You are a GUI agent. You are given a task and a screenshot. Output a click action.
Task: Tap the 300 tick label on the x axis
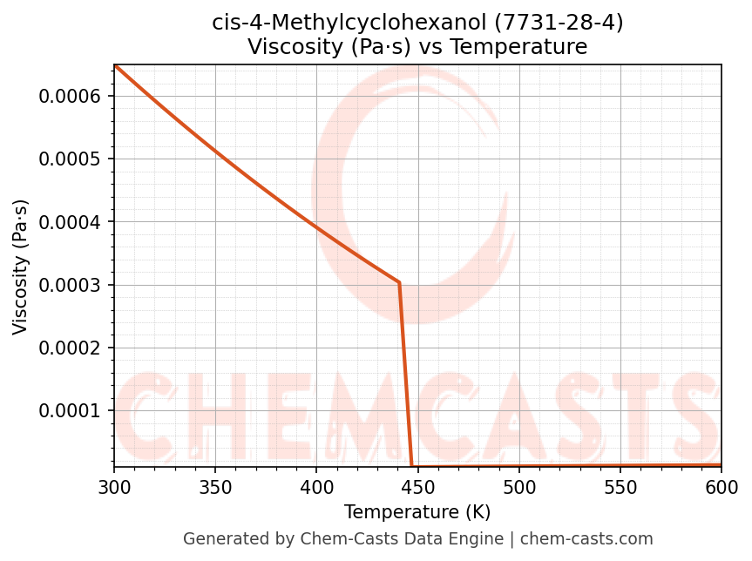coord(114,488)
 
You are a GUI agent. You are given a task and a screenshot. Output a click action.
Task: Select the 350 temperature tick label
coord(215,488)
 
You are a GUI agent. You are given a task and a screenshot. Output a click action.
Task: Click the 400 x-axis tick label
coord(316,488)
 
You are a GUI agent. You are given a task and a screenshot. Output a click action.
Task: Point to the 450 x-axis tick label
coord(417,488)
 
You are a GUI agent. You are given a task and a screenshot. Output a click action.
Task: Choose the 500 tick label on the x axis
coord(519,488)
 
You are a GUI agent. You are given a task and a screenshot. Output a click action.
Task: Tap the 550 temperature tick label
coord(620,488)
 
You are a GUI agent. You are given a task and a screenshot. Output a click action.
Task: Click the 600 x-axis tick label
coord(722,488)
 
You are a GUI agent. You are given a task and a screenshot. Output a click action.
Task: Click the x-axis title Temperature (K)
coord(417,512)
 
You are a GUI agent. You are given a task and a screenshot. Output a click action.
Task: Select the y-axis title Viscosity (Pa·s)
coord(21,267)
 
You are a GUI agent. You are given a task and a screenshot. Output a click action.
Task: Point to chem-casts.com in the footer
coord(586,539)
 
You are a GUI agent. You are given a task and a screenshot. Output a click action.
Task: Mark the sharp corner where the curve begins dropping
coord(399,282)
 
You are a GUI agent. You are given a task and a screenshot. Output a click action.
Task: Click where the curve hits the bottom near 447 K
coord(411,466)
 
